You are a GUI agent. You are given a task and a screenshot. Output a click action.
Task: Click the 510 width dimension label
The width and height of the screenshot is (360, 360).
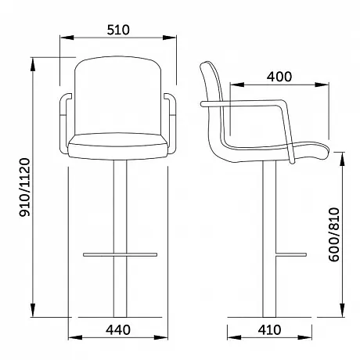tap(118, 30)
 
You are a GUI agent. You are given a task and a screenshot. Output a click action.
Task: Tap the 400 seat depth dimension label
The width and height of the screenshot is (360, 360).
tap(279, 77)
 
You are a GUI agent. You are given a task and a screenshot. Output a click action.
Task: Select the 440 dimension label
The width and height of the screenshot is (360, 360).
tap(118, 330)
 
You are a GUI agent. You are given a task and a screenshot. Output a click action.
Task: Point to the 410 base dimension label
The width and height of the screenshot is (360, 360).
tap(269, 330)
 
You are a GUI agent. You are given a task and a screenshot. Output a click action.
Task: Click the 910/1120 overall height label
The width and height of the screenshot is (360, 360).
tap(25, 187)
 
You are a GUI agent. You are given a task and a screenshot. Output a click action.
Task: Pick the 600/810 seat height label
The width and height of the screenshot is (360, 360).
tap(334, 234)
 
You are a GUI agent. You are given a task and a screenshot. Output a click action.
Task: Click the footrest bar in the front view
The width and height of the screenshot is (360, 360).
tap(121, 254)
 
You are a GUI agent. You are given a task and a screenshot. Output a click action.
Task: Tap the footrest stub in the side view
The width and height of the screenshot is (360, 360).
tap(291, 254)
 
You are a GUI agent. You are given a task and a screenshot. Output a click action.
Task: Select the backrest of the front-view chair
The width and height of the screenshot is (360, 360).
tap(118, 95)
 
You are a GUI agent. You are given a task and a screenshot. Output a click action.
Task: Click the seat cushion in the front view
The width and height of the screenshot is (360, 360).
tap(118, 146)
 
